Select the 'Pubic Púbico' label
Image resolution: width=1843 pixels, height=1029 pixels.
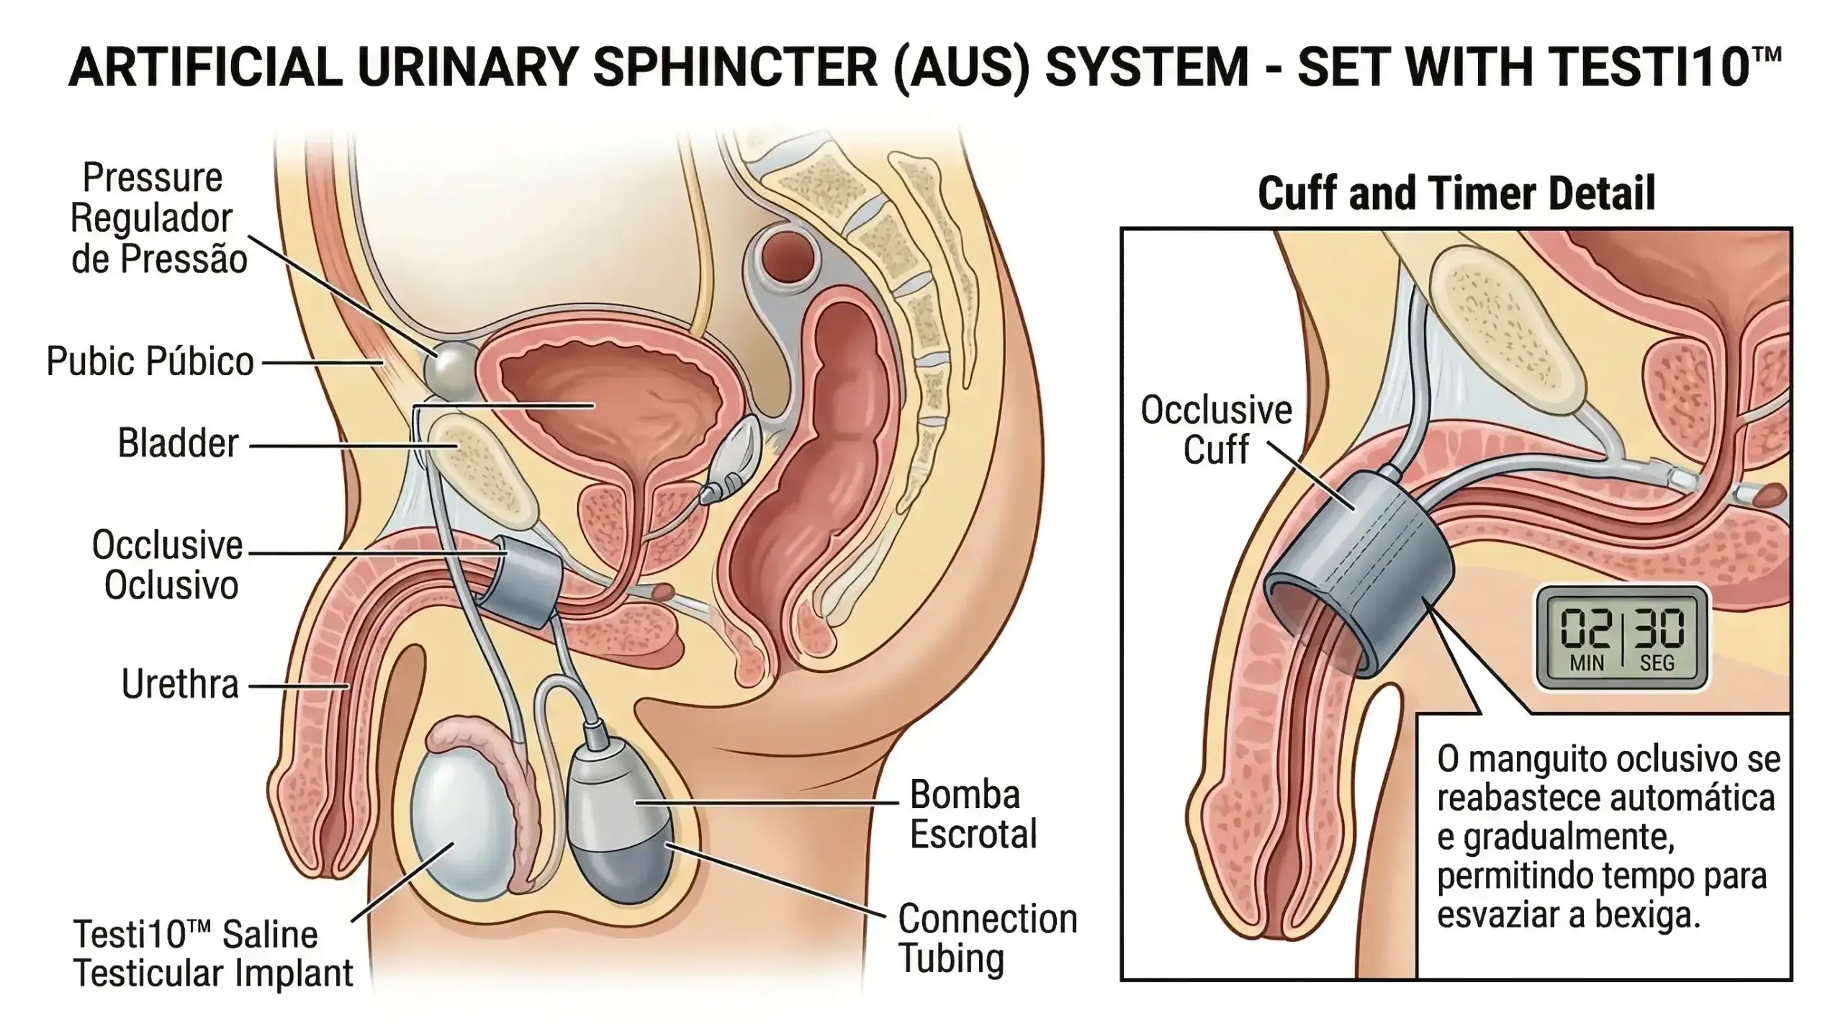tap(150, 361)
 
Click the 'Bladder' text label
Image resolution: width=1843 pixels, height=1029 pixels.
tap(178, 443)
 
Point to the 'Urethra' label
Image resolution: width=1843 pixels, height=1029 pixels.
tap(180, 684)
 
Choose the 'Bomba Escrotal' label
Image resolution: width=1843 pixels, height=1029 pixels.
tap(972, 814)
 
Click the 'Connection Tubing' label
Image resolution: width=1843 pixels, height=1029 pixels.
tap(986, 938)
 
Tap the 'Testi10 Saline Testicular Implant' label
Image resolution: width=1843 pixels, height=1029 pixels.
tap(213, 954)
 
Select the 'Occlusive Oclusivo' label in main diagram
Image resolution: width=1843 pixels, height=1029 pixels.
tap(168, 565)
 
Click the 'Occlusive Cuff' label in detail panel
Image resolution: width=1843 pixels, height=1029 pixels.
tap(1216, 430)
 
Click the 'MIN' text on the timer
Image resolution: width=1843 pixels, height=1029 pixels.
tap(1587, 662)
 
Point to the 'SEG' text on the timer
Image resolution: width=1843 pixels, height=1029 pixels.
tap(1657, 662)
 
